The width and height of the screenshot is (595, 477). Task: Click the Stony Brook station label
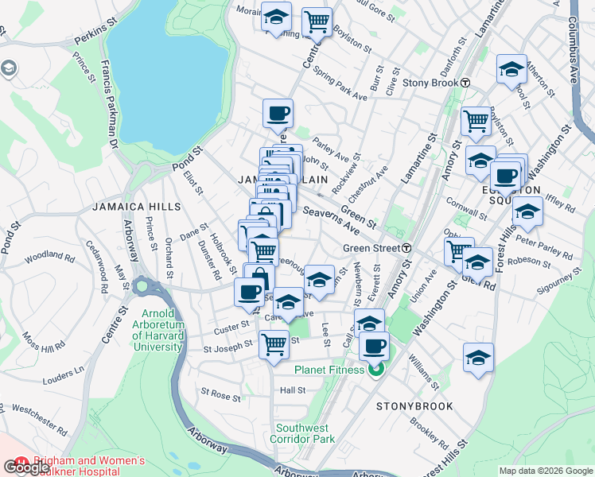(430, 83)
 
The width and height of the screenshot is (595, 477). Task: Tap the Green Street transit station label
(371, 248)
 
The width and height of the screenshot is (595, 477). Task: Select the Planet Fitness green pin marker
(377, 369)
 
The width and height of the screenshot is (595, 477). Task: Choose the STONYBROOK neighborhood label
(414, 406)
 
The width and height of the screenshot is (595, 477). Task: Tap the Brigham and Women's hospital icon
(20, 462)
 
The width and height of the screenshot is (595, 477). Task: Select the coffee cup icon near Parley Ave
(278, 114)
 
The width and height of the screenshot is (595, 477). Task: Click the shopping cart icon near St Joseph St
(274, 344)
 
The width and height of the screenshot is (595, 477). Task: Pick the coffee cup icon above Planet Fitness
(374, 347)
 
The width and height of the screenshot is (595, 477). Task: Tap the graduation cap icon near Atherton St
(511, 69)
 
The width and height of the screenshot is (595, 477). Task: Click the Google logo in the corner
(26, 467)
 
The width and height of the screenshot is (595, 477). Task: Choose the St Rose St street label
(220, 394)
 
